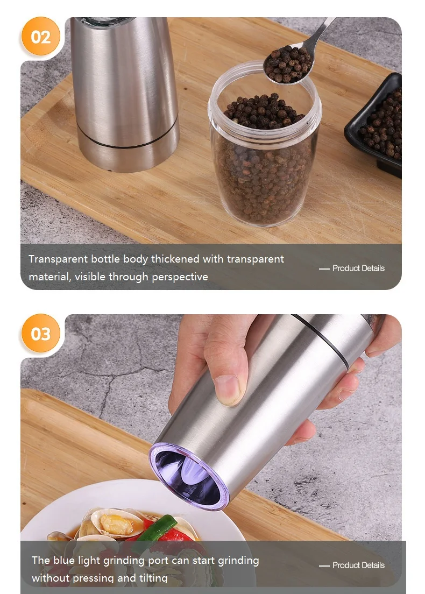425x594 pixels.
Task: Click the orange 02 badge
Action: pyautogui.click(x=41, y=37)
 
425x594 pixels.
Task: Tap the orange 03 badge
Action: pyautogui.click(x=41, y=334)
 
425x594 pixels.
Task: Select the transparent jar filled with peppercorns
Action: pyautogui.click(x=264, y=156)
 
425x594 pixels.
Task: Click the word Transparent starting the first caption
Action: pyautogui.click(x=58, y=259)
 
